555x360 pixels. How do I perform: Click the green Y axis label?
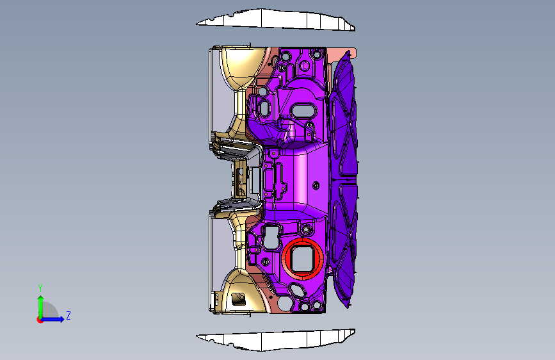coord(40,288)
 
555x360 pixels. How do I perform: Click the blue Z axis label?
coord(68,315)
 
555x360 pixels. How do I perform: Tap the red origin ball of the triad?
coord(40,320)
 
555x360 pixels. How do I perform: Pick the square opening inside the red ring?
coord(302,259)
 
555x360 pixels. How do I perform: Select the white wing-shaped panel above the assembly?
coord(276,19)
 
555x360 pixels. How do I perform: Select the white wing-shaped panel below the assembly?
coord(276,340)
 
